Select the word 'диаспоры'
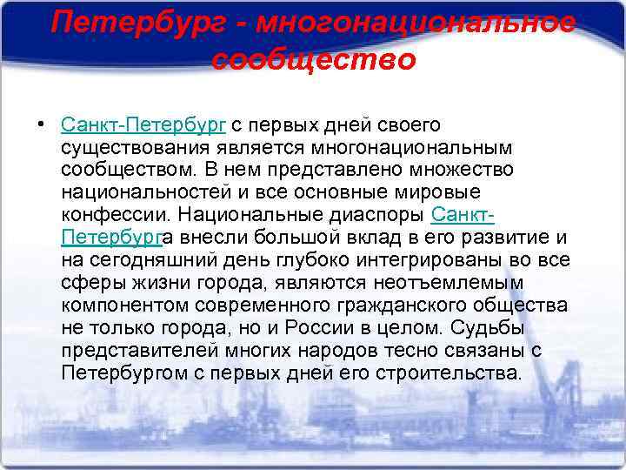click(383, 214)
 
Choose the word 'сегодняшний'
click(150, 259)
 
